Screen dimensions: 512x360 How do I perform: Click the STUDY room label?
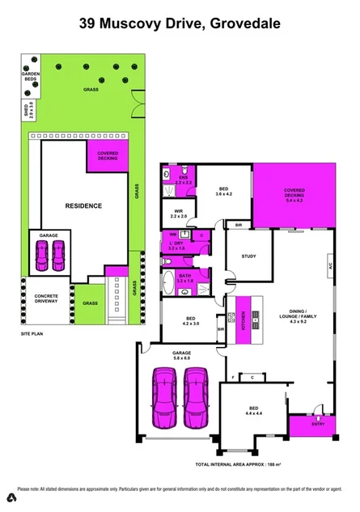pos(248,257)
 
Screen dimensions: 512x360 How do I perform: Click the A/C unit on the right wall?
pos(329,264)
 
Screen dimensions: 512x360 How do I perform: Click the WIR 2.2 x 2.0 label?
pos(179,215)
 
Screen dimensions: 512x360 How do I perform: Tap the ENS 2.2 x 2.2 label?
pos(182,182)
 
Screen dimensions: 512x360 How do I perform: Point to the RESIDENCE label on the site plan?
pos(83,206)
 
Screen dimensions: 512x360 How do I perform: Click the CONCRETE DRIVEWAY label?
pos(45,300)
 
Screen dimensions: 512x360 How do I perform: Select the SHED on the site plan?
pos(27,110)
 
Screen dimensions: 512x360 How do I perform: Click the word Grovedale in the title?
pos(245,24)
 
